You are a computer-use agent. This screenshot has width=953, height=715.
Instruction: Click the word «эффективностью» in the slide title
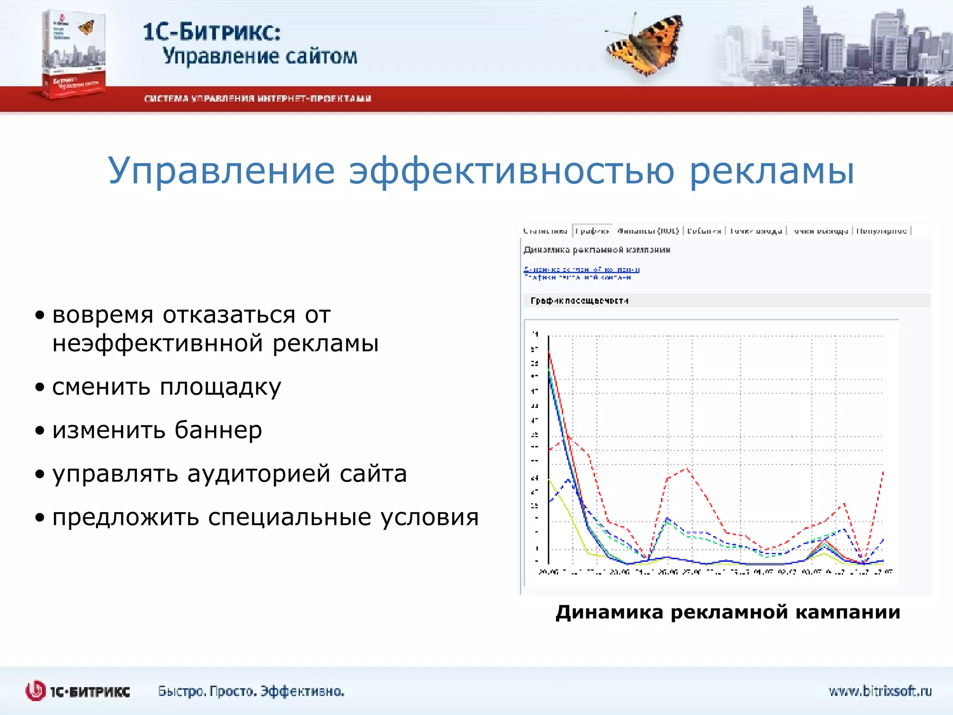pyautogui.click(x=512, y=171)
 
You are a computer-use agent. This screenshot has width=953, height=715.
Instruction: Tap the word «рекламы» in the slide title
pyautogui.click(x=771, y=171)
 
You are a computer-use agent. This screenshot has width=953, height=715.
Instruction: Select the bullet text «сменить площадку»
pyautogui.click(x=167, y=387)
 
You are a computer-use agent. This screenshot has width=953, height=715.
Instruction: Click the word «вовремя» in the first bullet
pyautogui.click(x=102, y=315)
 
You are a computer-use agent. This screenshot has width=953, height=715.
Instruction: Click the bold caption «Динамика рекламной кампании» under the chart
pyautogui.click(x=727, y=612)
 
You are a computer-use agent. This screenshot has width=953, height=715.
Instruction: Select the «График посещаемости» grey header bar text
pyautogui.click(x=579, y=301)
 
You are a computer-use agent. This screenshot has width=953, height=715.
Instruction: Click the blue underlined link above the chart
pyautogui.click(x=581, y=270)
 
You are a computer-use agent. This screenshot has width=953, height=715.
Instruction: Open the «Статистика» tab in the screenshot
pyautogui.click(x=545, y=231)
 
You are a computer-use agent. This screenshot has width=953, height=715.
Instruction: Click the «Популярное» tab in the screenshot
pyautogui.click(x=881, y=231)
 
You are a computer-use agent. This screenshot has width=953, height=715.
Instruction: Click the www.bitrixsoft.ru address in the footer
pyautogui.click(x=879, y=691)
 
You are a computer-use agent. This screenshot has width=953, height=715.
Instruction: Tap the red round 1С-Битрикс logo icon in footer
pyautogui.click(x=35, y=691)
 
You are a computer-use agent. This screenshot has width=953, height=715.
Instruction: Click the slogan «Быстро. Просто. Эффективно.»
pyautogui.click(x=251, y=691)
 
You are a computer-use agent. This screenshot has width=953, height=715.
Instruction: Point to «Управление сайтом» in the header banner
pyautogui.click(x=260, y=56)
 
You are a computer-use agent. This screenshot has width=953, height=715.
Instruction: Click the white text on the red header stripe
pyautogui.click(x=257, y=99)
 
